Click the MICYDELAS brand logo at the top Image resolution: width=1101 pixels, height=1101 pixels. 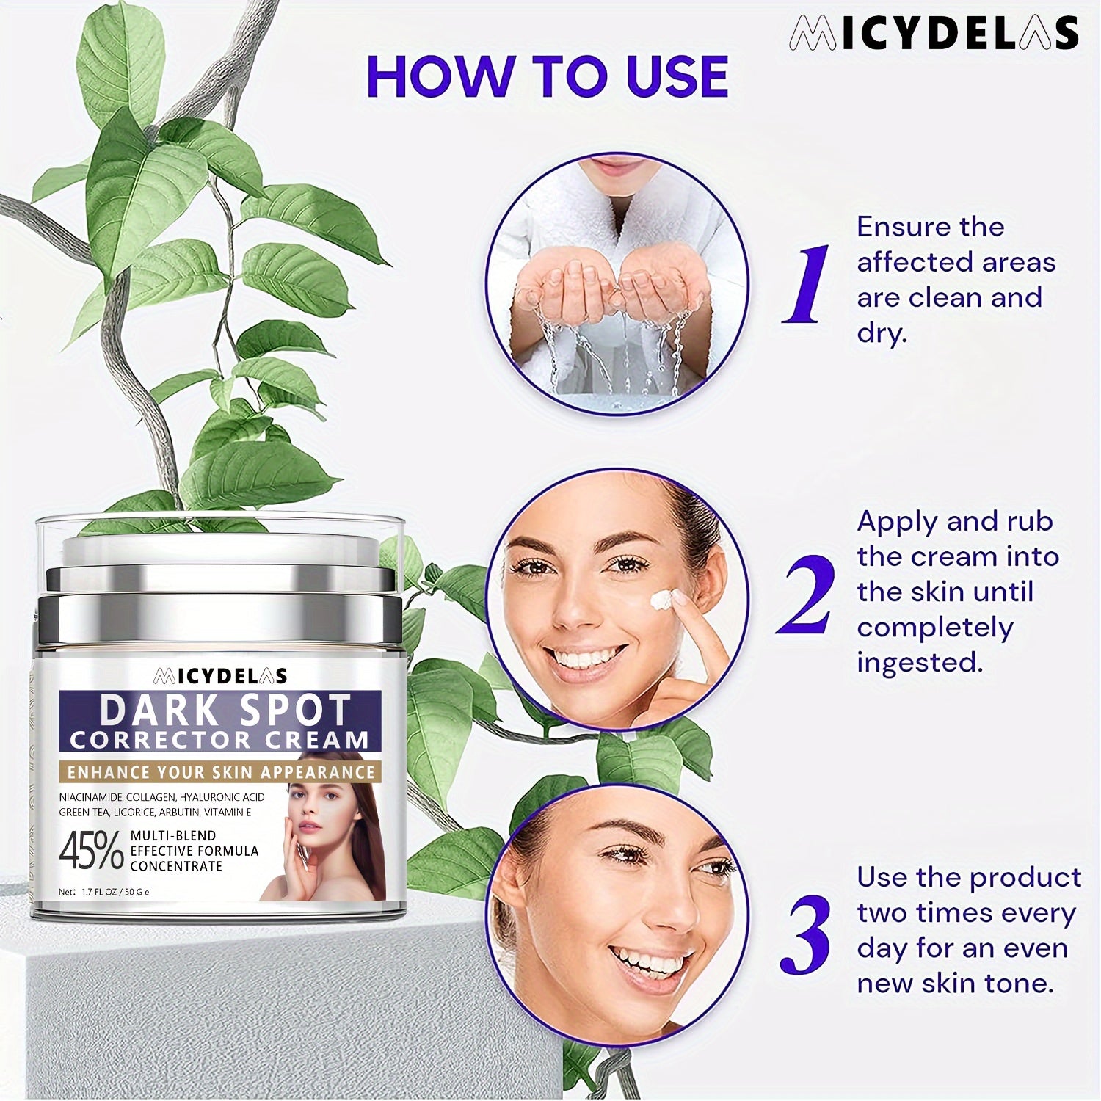click(x=934, y=34)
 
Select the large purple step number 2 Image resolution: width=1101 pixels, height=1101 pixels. click(x=806, y=595)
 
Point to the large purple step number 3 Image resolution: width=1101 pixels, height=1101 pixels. click(x=806, y=934)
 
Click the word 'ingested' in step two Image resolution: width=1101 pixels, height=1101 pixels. click(x=920, y=663)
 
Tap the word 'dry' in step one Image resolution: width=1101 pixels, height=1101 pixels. click(x=882, y=334)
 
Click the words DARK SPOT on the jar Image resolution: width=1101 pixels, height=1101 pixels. click(x=225, y=711)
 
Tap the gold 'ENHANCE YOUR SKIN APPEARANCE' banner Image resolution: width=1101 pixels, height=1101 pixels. click(x=221, y=772)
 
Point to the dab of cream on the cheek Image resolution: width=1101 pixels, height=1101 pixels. click(x=662, y=600)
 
